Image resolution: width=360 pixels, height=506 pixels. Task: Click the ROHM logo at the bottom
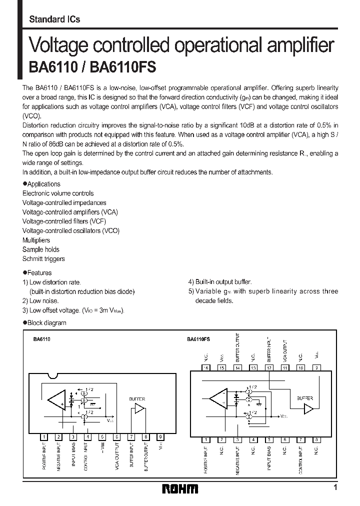pos(180,488)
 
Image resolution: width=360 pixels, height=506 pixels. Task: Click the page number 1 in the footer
pos(335,487)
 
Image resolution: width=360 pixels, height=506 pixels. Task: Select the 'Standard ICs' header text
pos(54,19)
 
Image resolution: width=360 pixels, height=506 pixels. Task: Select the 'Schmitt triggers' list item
pos(43,259)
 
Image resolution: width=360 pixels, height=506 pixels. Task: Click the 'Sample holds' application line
pos(40,249)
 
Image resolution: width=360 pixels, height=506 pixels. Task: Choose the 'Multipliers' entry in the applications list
pos(36,240)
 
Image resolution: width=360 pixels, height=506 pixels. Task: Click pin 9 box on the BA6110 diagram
pos(160,436)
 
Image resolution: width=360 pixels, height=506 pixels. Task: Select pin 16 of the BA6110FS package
pos(205,367)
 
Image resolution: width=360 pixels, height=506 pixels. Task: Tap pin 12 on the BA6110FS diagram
pos(269,367)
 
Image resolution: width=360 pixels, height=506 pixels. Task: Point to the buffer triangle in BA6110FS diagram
pos(308,408)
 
